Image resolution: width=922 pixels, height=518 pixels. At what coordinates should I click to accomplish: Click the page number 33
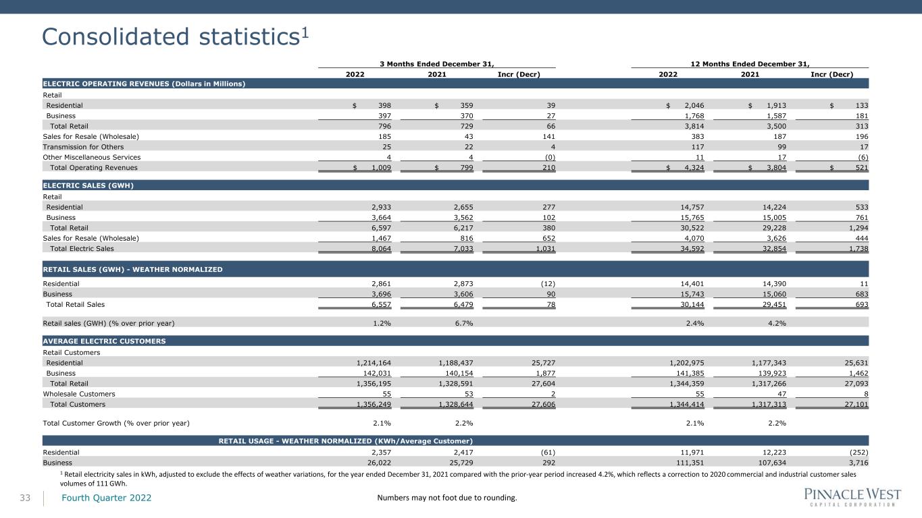25,498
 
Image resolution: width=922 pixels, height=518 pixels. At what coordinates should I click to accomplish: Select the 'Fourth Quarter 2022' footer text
106,498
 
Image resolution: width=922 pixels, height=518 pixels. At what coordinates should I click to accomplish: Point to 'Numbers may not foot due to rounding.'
447,498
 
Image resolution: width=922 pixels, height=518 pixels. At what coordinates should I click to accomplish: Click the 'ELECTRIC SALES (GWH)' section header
88,185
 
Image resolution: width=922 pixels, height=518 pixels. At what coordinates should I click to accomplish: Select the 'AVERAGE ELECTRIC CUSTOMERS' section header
104,341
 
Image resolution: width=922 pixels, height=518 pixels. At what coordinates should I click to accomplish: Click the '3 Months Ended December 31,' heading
437,63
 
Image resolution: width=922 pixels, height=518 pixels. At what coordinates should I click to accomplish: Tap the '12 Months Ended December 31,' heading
750,63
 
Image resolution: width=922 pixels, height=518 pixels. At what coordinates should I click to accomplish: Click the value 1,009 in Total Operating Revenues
381,168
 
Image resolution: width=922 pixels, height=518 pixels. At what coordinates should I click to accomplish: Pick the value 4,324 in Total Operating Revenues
694,168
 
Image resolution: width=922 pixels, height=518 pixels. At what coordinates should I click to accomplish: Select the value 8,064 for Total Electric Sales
381,249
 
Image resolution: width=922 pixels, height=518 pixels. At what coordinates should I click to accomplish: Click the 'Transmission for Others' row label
83,147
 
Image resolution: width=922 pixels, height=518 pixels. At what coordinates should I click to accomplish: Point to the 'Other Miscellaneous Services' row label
92,157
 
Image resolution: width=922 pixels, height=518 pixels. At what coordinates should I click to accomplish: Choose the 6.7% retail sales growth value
464,323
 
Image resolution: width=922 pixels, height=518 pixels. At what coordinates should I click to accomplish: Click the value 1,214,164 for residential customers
374,363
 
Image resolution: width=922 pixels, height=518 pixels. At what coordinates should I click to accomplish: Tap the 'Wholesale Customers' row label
79,394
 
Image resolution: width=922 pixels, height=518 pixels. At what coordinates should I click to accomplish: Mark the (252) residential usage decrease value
859,452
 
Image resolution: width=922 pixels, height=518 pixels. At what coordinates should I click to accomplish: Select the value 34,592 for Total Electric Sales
692,249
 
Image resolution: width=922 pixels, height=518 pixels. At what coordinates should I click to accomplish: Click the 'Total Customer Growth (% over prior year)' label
116,423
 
